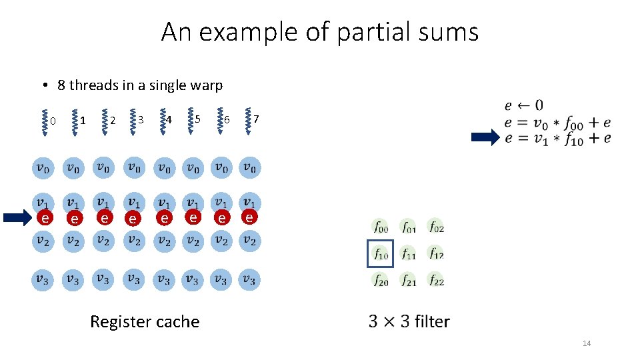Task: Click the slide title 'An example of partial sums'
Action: coord(319,31)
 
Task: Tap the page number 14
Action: coord(587,343)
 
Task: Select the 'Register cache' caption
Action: coord(145,321)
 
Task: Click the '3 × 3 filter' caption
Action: coord(409,321)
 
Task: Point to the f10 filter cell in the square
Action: coord(381,254)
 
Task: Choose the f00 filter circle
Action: coord(381,227)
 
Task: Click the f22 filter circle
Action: coord(436,281)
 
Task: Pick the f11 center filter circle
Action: coord(409,254)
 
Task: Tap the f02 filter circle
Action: coord(436,227)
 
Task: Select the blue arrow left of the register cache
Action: coord(19,217)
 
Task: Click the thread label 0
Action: coord(53,121)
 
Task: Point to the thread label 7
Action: coord(256,119)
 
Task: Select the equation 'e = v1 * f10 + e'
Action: coord(557,138)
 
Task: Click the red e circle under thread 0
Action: coord(44,217)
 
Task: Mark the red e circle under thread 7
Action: coord(249,217)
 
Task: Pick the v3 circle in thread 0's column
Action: coord(42,279)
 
